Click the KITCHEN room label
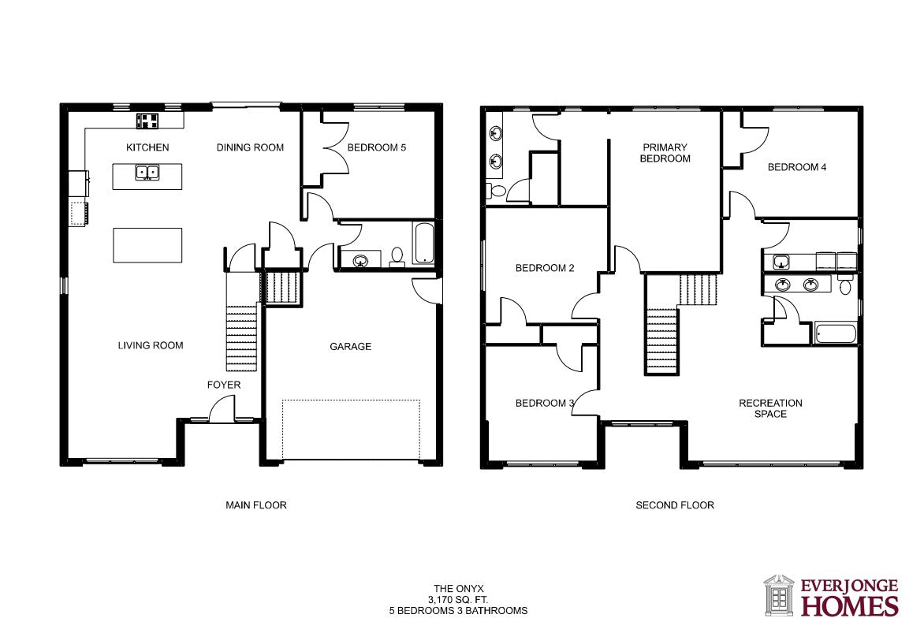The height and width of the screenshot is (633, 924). pyautogui.click(x=147, y=147)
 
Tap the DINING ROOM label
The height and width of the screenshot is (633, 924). pyautogui.click(x=251, y=147)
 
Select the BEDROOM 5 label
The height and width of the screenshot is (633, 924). pyautogui.click(x=377, y=147)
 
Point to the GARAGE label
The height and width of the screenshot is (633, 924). pyautogui.click(x=351, y=347)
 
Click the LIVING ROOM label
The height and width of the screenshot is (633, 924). pyautogui.click(x=151, y=345)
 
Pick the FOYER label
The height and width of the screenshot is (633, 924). pyautogui.click(x=224, y=385)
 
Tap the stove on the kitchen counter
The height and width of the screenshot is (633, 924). pyautogui.click(x=148, y=121)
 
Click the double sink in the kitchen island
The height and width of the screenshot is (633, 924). pyautogui.click(x=147, y=173)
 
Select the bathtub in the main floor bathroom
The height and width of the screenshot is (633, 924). pyautogui.click(x=424, y=243)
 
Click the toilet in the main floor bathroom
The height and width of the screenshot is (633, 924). pyautogui.click(x=397, y=257)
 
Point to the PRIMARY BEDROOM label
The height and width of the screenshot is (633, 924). pyautogui.click(x=665, y=153)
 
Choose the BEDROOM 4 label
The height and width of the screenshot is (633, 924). pyautogui.click(x=797, y=167)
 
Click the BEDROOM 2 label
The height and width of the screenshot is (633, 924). pyautogui.click(x=545, y=268)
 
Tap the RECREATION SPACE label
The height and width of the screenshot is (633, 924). pyautogui.click(x=771, y=408)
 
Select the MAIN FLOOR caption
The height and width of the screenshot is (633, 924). pyautogui.click(x=256, y=505)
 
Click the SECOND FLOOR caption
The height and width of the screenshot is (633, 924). pyautogui.click(x=675, y=505)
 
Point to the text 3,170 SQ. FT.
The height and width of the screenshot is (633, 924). pyautogui.click(x=459, y=600)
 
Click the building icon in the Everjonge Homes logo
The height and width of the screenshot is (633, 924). pyautogui.click(x=779, y=596)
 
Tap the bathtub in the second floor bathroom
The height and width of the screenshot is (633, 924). pyautogui.click(x=836, y=333)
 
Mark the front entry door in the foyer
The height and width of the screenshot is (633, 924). pyautogui.click(x=222, y=409)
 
